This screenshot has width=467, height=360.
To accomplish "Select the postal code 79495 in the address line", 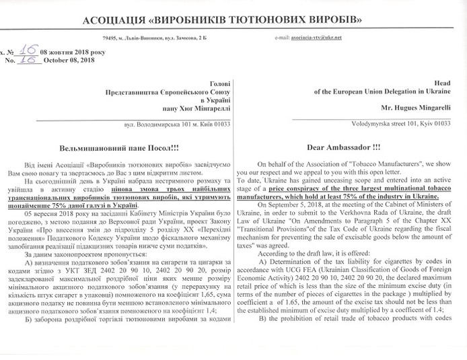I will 102,38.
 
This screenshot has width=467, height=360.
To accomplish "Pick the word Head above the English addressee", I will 444,81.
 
